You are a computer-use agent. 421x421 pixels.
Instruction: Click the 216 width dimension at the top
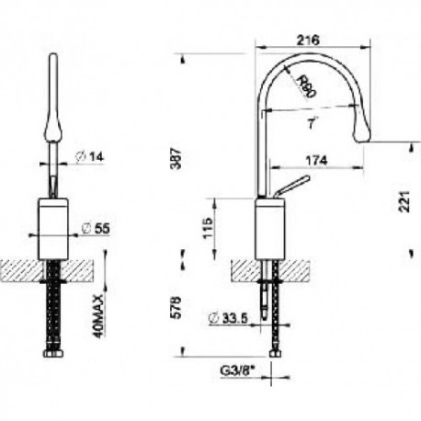tap(308, 40)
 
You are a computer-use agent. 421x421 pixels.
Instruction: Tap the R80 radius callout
tap(306, 86)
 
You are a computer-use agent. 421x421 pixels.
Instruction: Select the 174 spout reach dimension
tap(316, 160)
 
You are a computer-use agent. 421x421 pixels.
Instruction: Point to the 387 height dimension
tap(176, 158)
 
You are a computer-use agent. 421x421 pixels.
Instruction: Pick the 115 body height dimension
tap(208, 228)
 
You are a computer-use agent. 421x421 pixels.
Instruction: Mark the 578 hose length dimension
tap(176, 308)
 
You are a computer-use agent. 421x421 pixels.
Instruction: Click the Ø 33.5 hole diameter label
tap(228, 319)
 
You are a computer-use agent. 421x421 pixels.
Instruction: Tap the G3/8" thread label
tap(237, 371)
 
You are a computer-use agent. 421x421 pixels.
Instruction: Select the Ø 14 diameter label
tap(90, 157)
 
